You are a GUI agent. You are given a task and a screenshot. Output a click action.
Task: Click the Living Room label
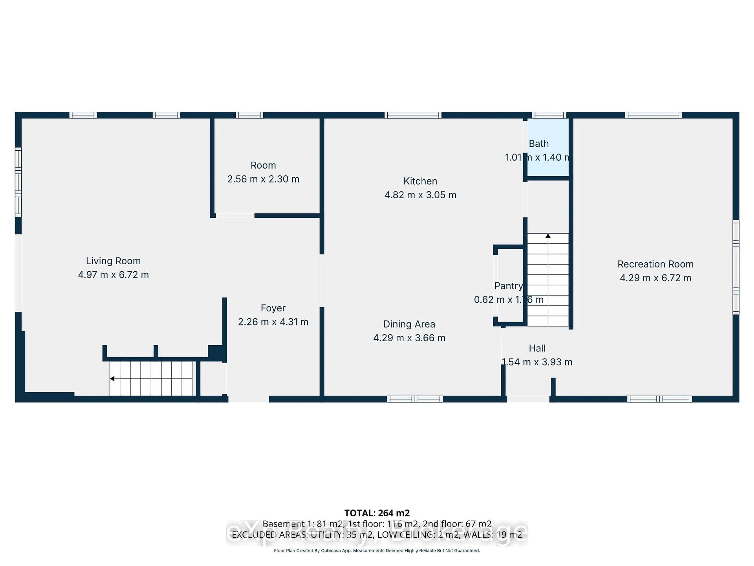(x=113, y=261)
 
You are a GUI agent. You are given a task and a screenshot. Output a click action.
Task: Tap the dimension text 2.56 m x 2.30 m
(x=263, y=179)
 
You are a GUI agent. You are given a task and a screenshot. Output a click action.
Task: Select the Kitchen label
(x=420, y=181)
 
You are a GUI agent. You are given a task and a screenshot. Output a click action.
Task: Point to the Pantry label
(x=508, y=286)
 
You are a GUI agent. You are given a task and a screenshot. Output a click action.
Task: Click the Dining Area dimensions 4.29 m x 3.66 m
(x=409, y=338)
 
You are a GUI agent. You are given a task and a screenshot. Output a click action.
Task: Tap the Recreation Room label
(x=655, y=264)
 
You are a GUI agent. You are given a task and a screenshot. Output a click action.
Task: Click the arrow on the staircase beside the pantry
(x=548, y=236)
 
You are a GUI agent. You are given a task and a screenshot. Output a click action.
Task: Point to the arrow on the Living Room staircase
(x=112, y=379)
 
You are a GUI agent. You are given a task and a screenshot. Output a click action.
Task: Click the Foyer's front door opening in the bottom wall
(x=249, y=399)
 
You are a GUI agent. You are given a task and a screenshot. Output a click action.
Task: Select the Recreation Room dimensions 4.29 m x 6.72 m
(x=655, y=278)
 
